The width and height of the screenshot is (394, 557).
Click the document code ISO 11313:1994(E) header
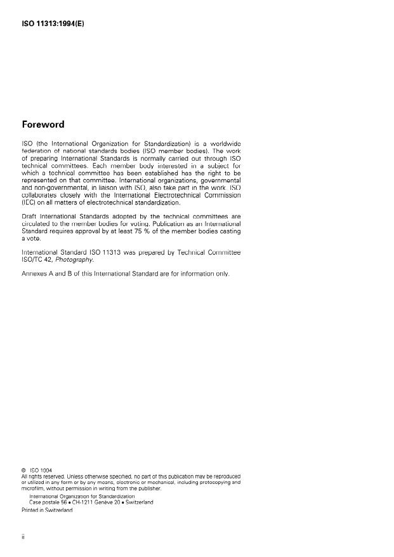pyautogui.click(x=53, y=24)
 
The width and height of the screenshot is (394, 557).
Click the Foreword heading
pyautogui.click(x=44, y=124)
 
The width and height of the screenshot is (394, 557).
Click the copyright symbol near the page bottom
pyautogui.click(x=23, y=471)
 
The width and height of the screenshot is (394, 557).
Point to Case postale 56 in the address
pyautogui.click(x=48, y=502)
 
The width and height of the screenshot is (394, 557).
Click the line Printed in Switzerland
pyautogui.click(x=47, y=510)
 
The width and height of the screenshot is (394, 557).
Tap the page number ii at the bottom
pyautogui.click(x=23, y=537)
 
